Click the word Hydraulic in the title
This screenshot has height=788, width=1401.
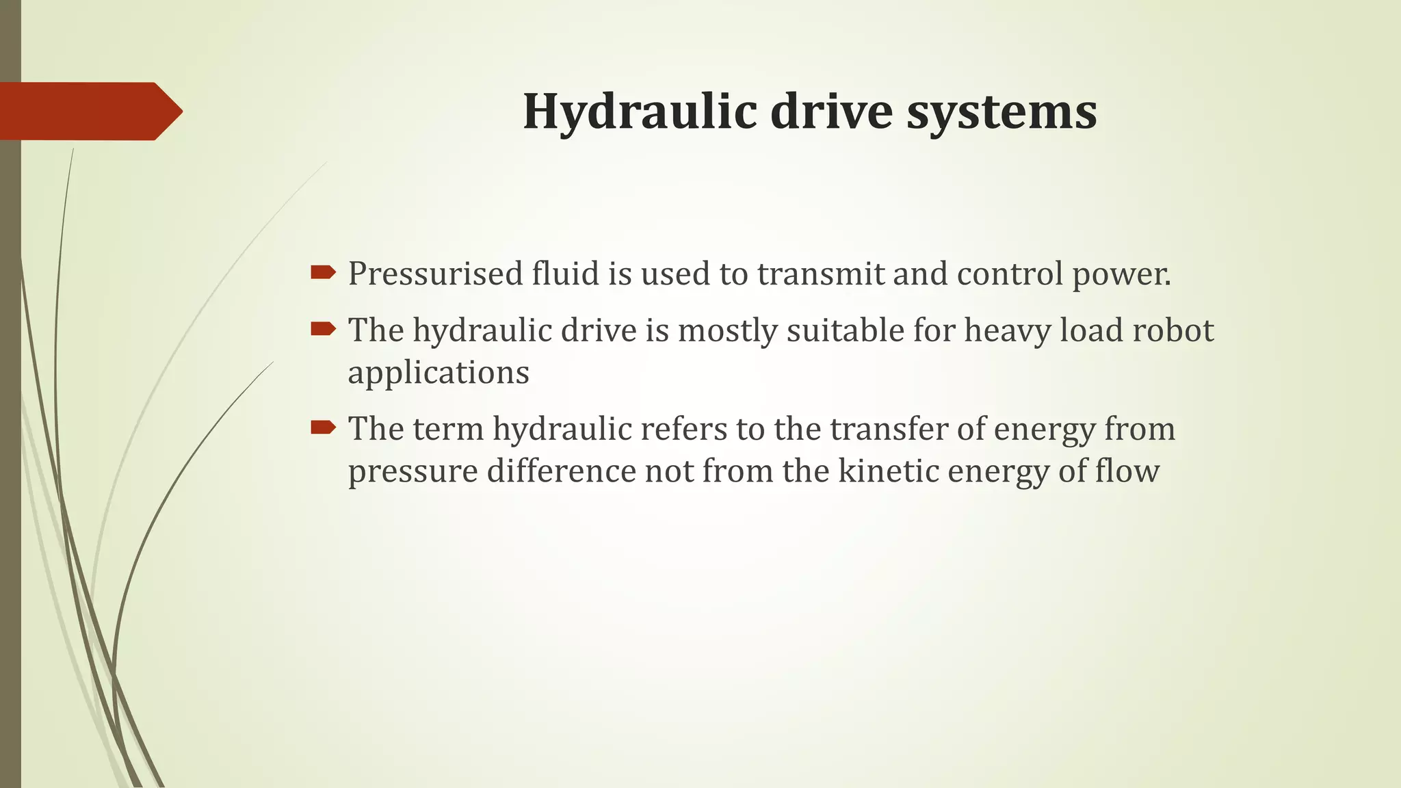(639, 111)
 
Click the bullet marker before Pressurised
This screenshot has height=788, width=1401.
(323, 274)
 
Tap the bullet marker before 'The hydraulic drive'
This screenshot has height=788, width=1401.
(323, 330)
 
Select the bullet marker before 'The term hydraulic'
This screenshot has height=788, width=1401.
(323, 428)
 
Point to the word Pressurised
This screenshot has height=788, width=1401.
(436, 274)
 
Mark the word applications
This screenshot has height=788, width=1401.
(438, 373)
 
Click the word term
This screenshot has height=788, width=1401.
(447, 429)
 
